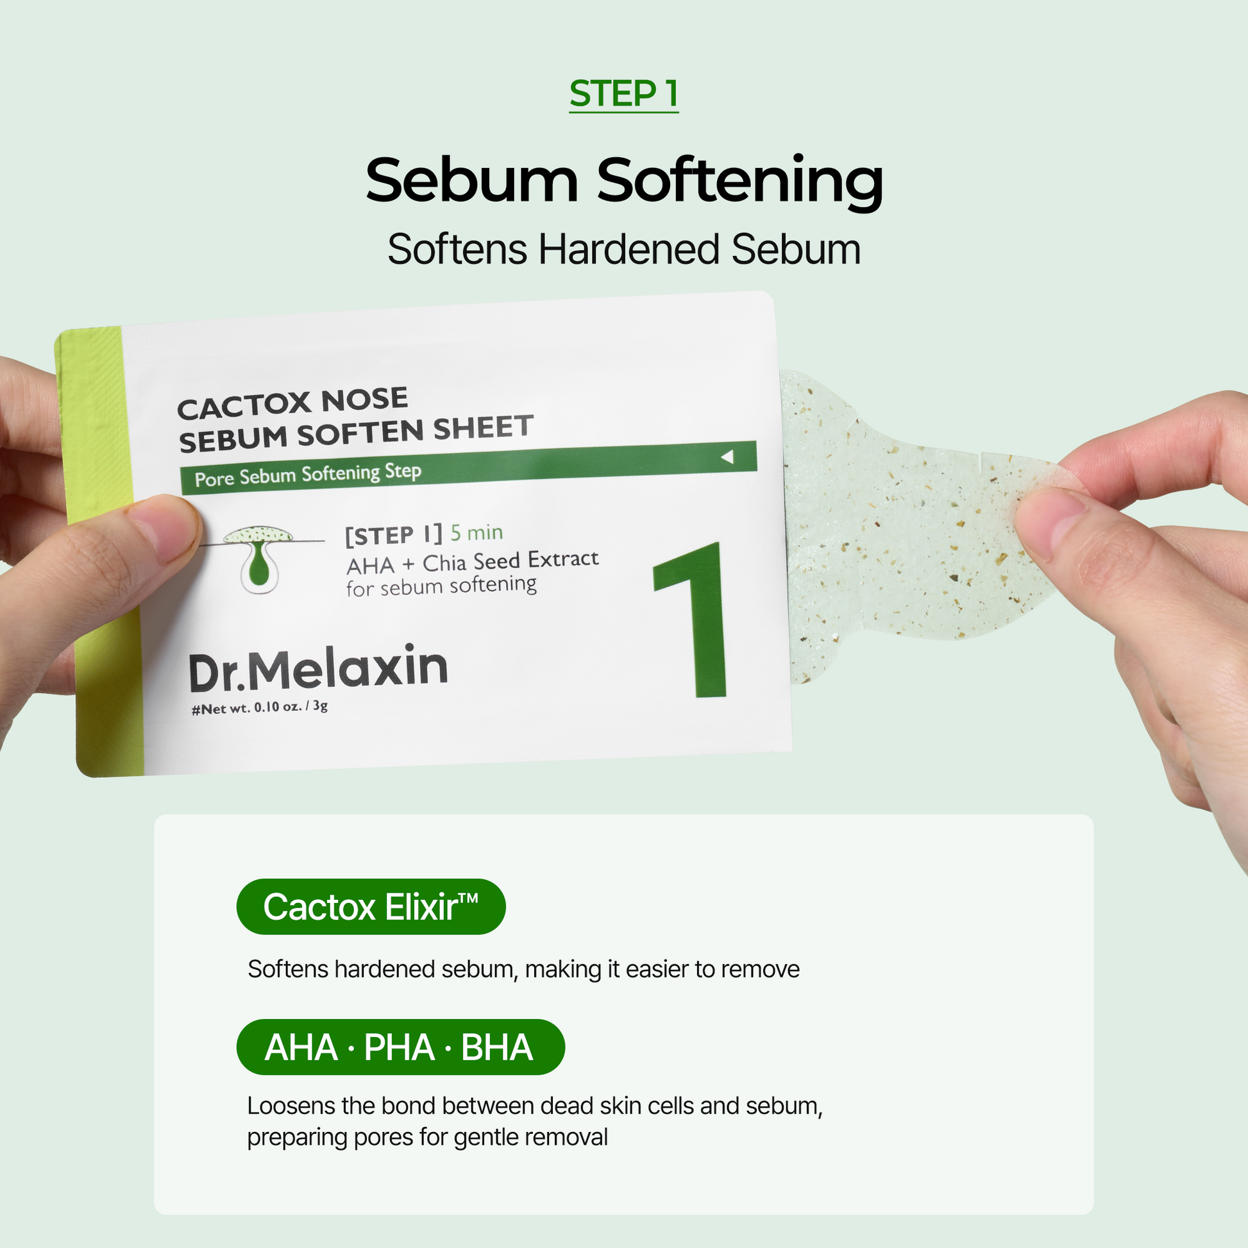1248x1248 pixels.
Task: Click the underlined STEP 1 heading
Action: pos(624,94)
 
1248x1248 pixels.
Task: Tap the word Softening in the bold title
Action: pos(739,182)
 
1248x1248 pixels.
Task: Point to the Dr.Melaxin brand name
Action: pos(318,667)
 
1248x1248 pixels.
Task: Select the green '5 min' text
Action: pos(476,532)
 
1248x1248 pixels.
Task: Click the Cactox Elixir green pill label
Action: pos(371,906)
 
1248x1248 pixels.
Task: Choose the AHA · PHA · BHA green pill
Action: pos(400,1047)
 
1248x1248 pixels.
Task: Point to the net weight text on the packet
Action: pos(260,707)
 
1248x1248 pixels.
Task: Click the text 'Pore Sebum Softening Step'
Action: pos(308,475)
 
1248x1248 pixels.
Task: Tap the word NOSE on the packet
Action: pos(365,400)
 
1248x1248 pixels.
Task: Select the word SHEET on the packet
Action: pos(483,428)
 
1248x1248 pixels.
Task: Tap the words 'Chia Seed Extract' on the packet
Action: pos(510,561)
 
